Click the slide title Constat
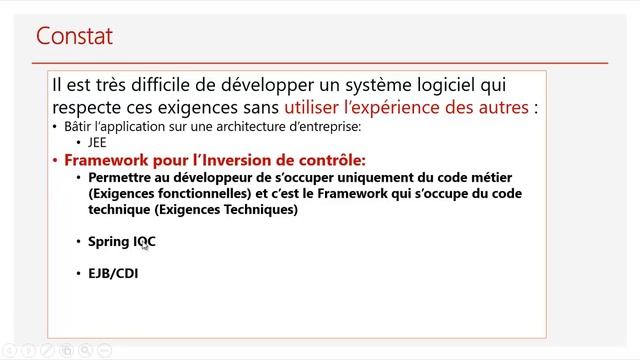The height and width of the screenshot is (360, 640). pyautogui.click(x=74, y=37)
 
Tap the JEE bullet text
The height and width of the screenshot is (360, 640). pyautogui.click(x=98, y=142)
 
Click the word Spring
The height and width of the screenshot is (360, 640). pyautogui.click(x=109, y=241)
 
